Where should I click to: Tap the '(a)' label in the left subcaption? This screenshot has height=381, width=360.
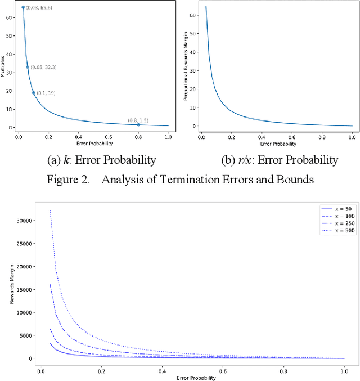tap(52, 160)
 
